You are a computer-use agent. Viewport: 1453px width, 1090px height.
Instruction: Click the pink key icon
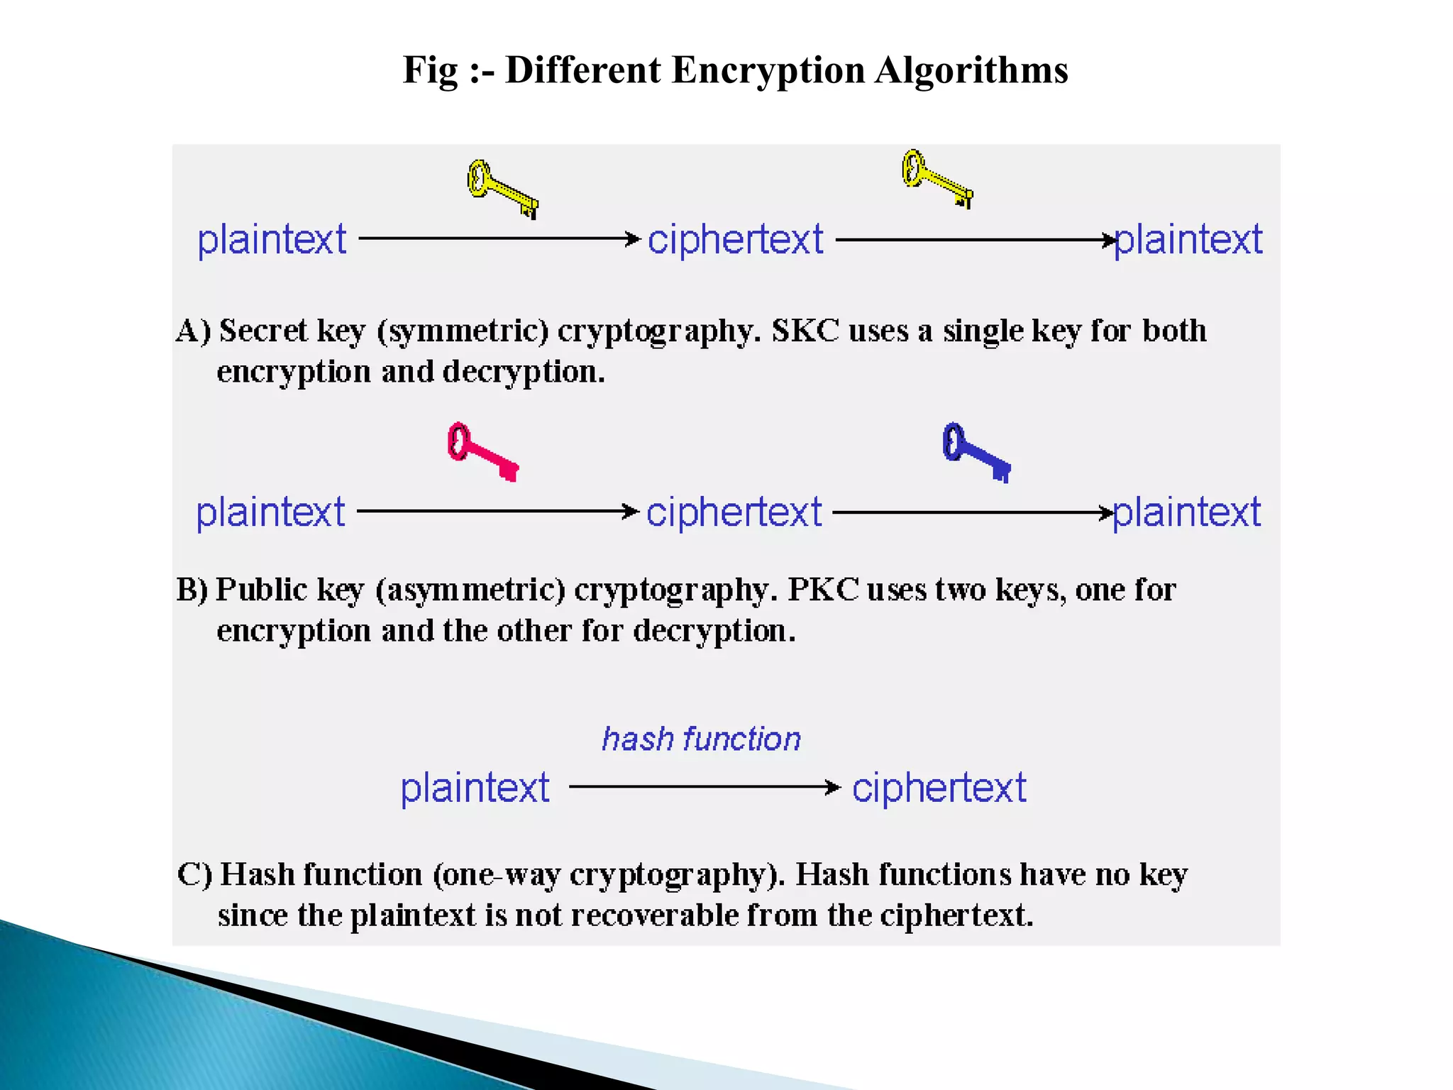pyautogui.click(x=482, y=451)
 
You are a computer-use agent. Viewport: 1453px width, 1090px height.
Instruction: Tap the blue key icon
pyautogui.click(x=976, y=452)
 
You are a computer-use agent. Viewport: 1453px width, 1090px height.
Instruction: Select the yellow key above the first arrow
pyautogui.click(x=502, y=188)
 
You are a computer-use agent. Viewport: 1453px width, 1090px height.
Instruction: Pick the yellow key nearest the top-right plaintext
pyautogui.click(x=937, y=178)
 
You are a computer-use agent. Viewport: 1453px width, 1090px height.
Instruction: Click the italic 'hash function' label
pyautogui.click(x=701, y=739)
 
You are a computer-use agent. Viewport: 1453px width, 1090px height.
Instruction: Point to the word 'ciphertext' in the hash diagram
pyautogui.click(x=939, y=788)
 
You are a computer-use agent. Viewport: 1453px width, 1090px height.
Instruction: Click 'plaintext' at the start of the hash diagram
pyautogui.click(x=475, y=788)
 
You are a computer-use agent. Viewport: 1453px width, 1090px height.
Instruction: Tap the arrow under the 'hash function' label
pyautogui.click(x=704, y=787)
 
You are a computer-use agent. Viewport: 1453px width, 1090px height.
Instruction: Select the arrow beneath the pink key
pyautogui.click(x=497, y=511)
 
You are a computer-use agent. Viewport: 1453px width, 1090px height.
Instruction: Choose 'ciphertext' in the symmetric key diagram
pyautogui.click(x=736, y=239)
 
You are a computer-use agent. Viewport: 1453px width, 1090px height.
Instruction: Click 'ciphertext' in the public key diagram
pyautogui.click(x=734, y=512)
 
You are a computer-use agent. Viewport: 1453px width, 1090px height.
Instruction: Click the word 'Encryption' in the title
pyautogui.click(x=768, y=70)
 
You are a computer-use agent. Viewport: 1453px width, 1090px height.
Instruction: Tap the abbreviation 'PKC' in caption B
pyautogui.click(x=823, y=590)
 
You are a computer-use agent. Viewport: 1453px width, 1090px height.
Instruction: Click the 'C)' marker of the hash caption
pyautogui.click(x=194, y=874)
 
